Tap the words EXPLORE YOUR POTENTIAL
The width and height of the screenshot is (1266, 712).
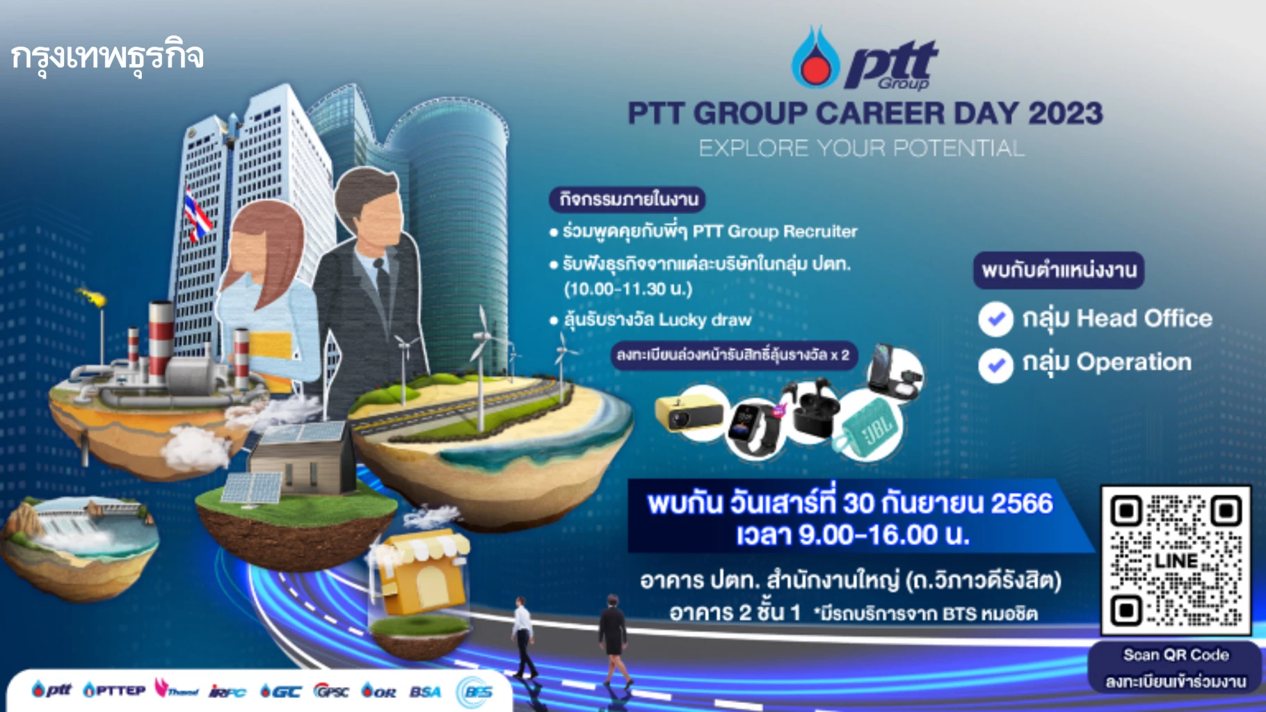pos(861,148)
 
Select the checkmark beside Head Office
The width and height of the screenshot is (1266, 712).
pos(995,319)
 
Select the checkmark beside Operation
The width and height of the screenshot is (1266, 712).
pos(995,364)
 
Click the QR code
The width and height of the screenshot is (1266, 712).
pos(1176,560)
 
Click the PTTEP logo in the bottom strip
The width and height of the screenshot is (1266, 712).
pos(115,690)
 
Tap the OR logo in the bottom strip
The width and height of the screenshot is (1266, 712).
pos(378,691)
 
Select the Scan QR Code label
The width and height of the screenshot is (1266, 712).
pos(1176,655)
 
